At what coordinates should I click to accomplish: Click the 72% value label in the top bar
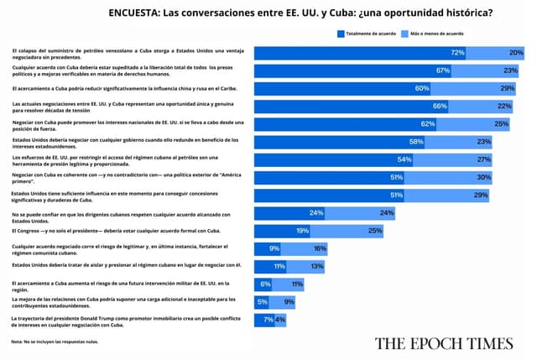pos(457,53)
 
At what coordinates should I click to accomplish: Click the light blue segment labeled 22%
pos(495,106)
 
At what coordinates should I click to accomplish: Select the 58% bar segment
pos(336,142)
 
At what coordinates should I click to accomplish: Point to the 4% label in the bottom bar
pos(280,320)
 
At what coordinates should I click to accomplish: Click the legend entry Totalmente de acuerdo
pos(366,34)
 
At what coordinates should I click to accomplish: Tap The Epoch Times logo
pos(444,342)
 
